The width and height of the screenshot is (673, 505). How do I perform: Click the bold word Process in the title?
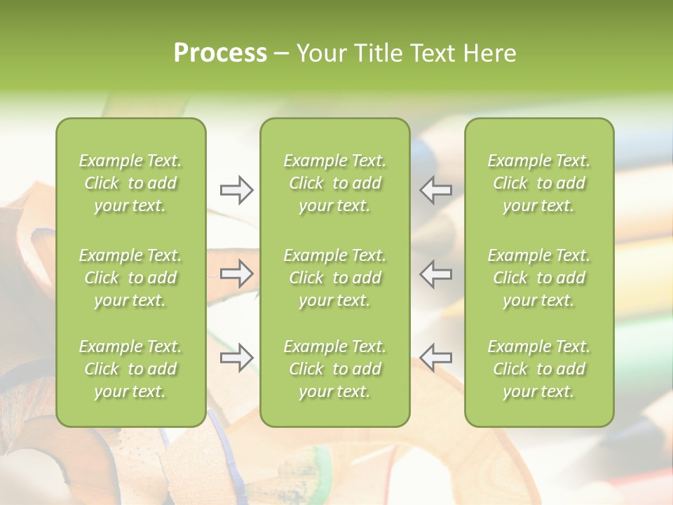coord(220,53)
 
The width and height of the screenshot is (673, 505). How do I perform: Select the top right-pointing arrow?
coord(236,189)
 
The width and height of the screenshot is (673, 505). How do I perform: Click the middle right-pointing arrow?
coord(236,274)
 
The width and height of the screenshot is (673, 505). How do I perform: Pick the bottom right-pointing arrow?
coord(236,358)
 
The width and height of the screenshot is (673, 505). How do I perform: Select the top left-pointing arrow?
coord(436,189)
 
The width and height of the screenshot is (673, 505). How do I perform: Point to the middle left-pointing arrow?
coord(436,274)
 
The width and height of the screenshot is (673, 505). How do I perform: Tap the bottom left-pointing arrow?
coord(436,358)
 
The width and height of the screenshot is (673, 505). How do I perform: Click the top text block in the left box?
coord(130,183)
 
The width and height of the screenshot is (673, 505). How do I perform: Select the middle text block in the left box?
coord(130,278)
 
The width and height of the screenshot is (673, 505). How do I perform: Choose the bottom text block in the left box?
coord(130,369)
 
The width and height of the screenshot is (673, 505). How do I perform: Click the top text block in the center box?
coord(334,183)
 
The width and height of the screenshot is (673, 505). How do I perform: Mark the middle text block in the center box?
coord(334,278)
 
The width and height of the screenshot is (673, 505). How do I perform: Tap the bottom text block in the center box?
coord(334,369)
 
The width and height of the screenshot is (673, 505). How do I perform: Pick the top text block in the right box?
coord(538,183)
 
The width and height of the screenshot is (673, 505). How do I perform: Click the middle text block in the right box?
coord(538,278)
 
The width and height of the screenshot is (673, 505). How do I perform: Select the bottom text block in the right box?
coord(538,369)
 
